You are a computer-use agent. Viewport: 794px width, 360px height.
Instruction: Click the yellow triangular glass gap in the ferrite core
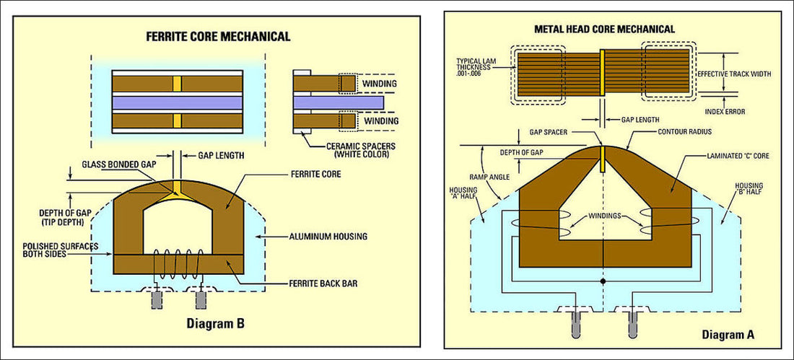[175, 191]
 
